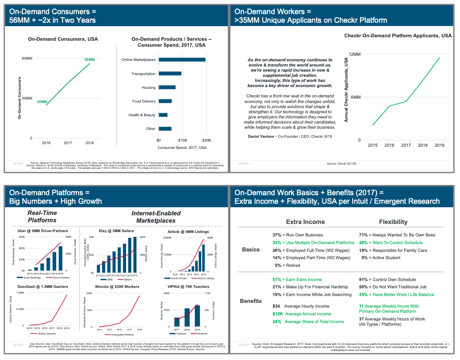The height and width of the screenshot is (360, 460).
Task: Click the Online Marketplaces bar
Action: pos(182,60)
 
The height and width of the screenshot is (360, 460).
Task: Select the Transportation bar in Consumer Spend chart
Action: pos(170,73)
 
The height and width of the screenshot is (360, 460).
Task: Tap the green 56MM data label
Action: pos(90,60)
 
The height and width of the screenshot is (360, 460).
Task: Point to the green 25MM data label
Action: pos(42,102)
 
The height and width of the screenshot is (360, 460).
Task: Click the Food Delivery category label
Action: pos(144,101)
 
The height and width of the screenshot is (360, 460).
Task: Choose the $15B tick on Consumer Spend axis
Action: pos(182,140)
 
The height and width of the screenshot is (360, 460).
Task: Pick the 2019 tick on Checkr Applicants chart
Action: pos(439,145)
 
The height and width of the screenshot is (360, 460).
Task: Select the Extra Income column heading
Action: pos(305,222)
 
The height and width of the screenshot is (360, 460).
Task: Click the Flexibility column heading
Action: pos(393,222)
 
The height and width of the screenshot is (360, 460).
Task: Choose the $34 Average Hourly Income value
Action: pos(276,306)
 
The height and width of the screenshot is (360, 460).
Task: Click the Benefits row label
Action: pos(251,301)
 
